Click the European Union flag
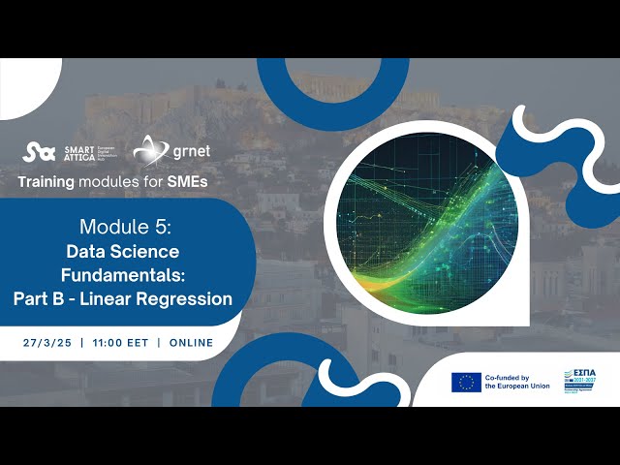(x=466, y=382)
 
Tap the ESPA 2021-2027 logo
(x=584, y=381)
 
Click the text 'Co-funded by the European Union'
(x=519, y=382)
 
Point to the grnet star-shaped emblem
(x=148, y=151)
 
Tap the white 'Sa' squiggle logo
(x=39, y=152)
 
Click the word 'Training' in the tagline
(x=48, y=181)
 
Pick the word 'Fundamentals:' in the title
(x=129, y=274)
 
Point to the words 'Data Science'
(x=129, y=251)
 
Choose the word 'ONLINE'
(x=191, y=343)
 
